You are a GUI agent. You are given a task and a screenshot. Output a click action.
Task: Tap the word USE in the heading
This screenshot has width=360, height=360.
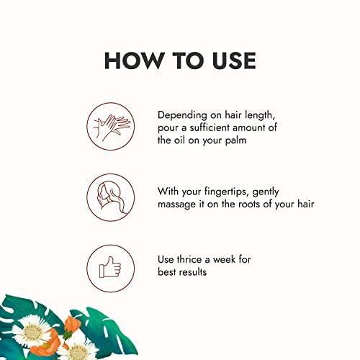(226, 60)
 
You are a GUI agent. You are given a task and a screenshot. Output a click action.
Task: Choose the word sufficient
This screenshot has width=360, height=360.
(212, 127)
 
